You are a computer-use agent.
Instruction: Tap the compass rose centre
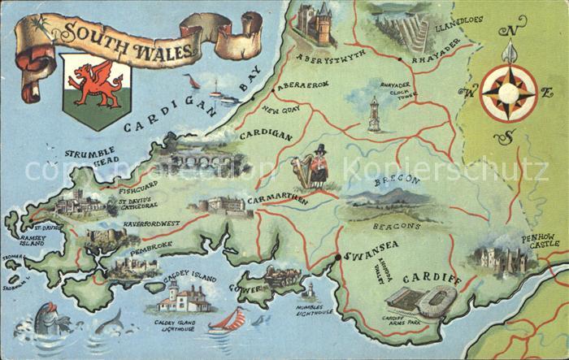coord(508,93)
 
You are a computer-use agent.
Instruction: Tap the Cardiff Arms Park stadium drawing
coord(420,303)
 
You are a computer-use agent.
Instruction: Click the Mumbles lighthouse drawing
coord(309,291)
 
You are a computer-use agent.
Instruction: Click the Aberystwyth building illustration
coord(315,25)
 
